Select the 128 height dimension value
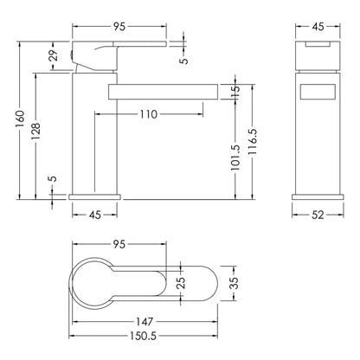(36, 132)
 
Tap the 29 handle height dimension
(55, 55)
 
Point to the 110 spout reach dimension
(149, 114)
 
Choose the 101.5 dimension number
(235, 157)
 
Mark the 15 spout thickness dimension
(235, 92)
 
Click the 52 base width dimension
(318, 215)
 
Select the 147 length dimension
(145, 322)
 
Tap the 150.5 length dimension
(143, 336)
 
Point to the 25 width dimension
(181, 283)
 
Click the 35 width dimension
(234, 283)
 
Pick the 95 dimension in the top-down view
(119, 244)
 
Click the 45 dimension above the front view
(318, 27)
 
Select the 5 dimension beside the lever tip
(183, 61)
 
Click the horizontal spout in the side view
(163, 92)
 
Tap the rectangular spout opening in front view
(318, 92)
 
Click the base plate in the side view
(94, 196)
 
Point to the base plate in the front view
(318, 197)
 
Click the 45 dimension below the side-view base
(94, 215)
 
